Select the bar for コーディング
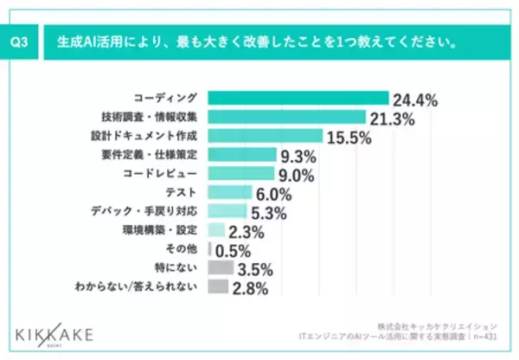coord(298,98)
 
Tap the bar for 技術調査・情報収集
coord(286,117)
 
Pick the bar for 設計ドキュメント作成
coord(265,136)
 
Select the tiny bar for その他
coord(210,249)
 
